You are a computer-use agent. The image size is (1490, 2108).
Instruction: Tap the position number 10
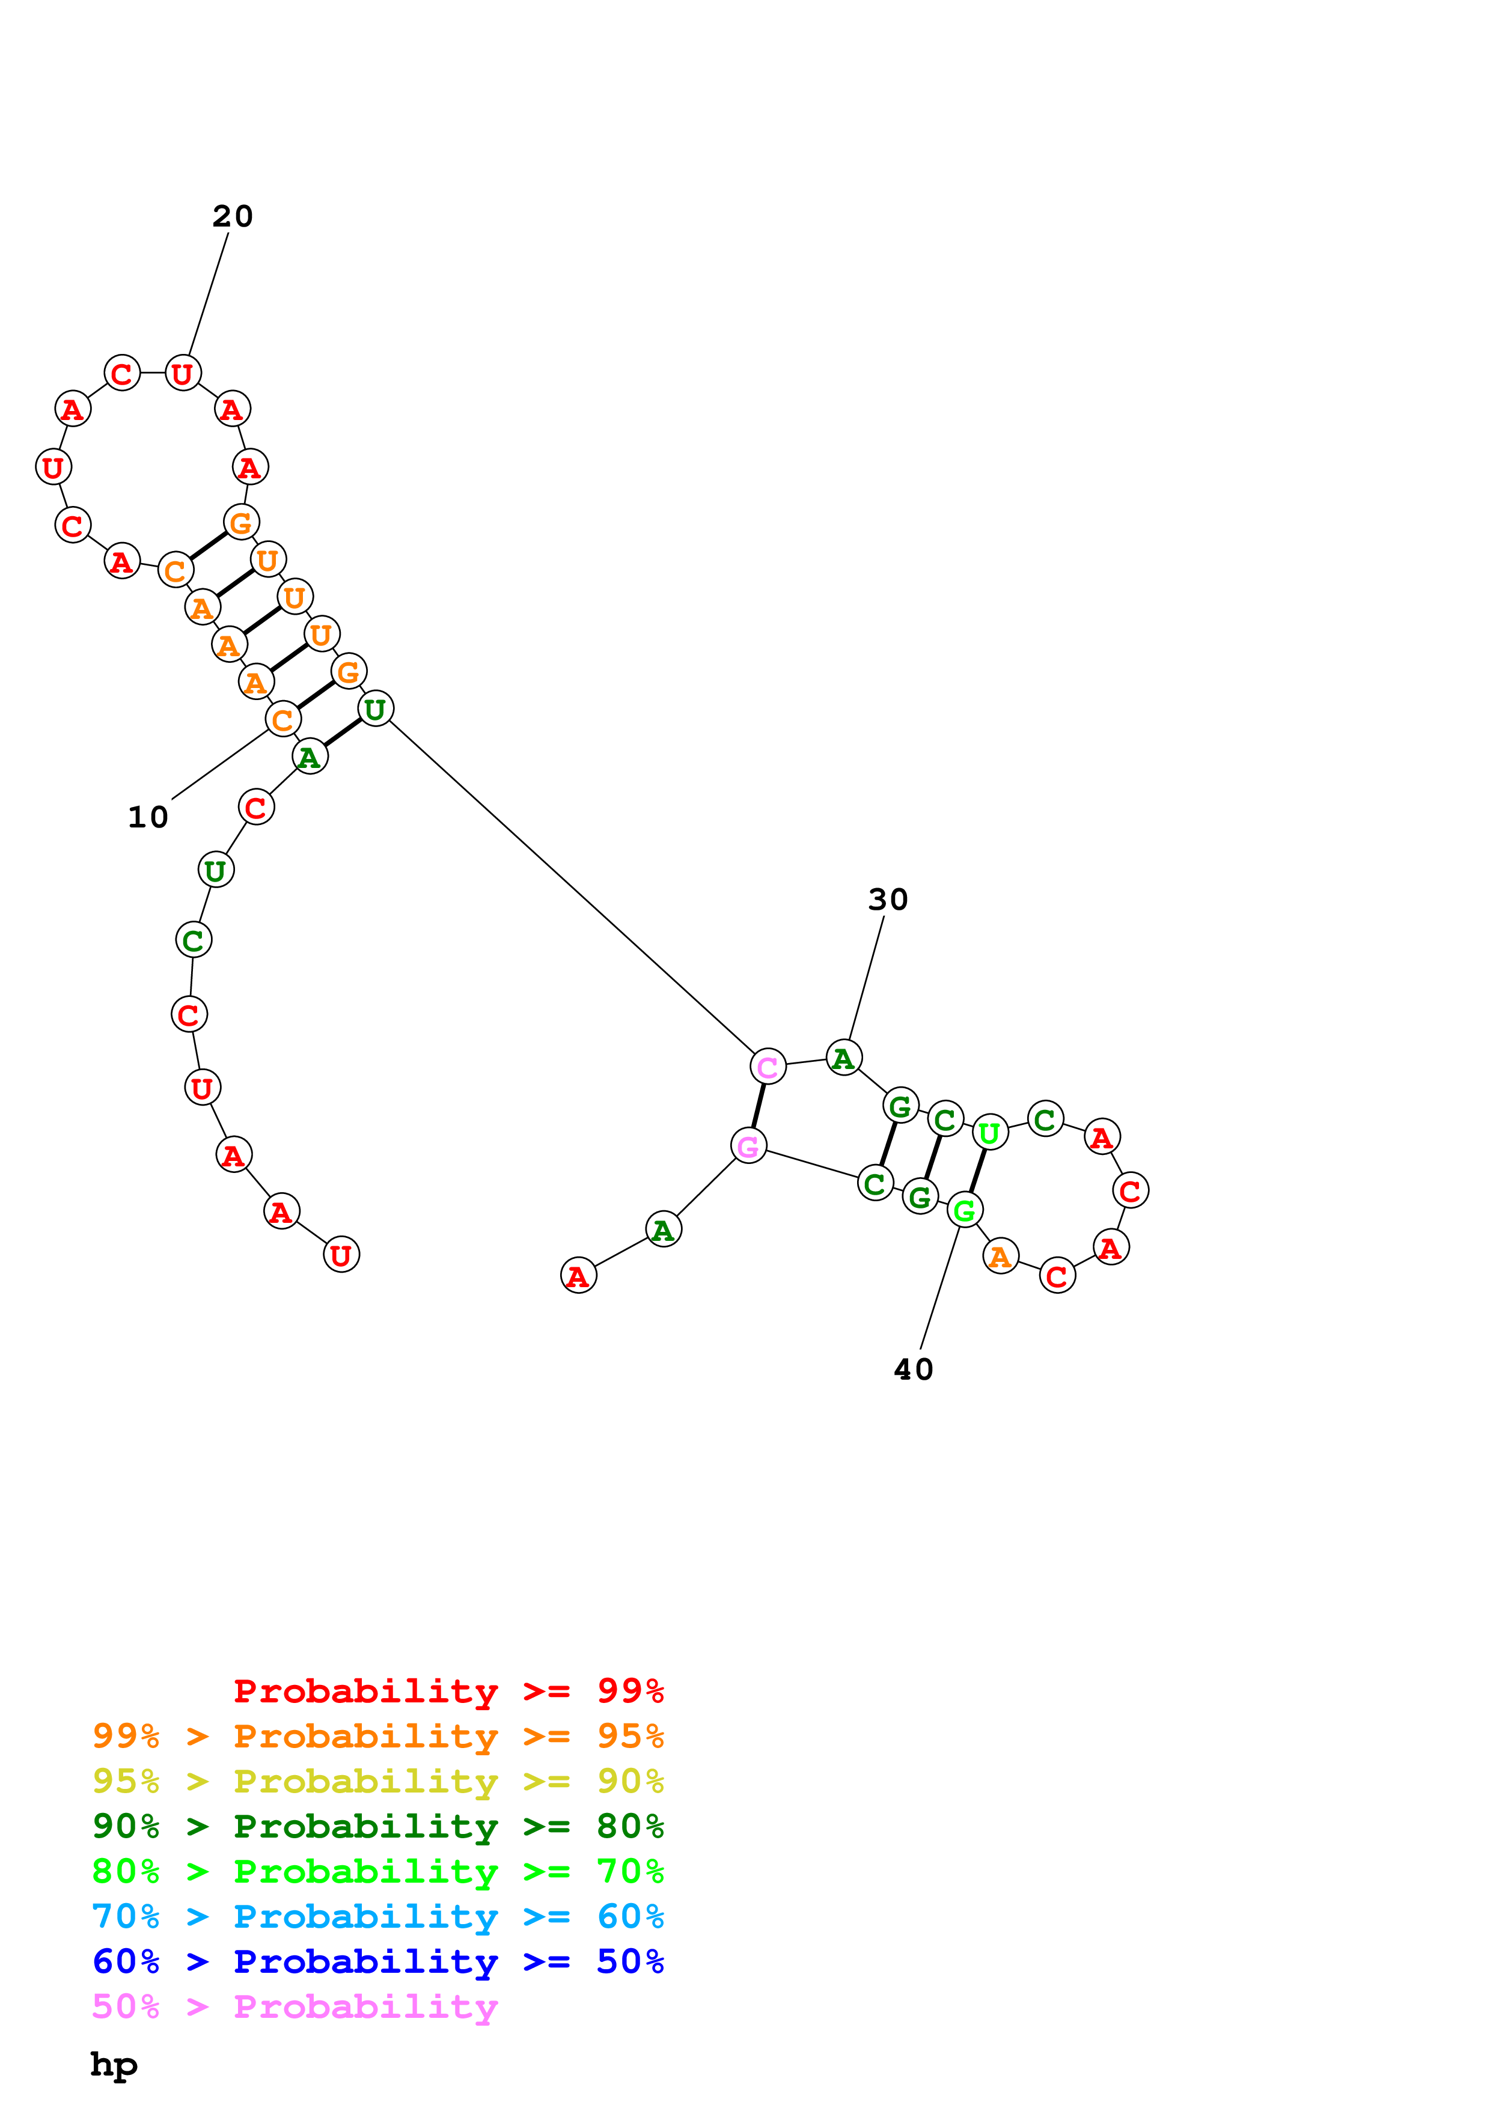pos(148,817)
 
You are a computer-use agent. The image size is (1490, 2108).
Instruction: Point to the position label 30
pos(888,900)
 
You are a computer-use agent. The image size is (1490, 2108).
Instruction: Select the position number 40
pos(914,1370)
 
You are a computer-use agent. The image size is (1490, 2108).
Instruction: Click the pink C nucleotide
pos(768,1067)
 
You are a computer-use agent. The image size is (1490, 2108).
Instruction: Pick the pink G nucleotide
pos(748,1146)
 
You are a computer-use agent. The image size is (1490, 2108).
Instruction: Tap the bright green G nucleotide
pos(965,1210)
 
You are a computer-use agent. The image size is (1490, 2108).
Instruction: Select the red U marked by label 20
pos(183,374)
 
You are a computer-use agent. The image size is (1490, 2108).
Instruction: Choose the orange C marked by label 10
pos(282,720)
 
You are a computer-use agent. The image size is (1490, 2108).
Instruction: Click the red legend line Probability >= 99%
pos(448,1691)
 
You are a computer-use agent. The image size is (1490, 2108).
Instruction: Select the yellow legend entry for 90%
pos(378,1781)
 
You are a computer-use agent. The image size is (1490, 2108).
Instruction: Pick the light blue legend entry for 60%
pos(378,1916)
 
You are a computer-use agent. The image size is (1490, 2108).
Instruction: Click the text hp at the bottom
pos(114,2065)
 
